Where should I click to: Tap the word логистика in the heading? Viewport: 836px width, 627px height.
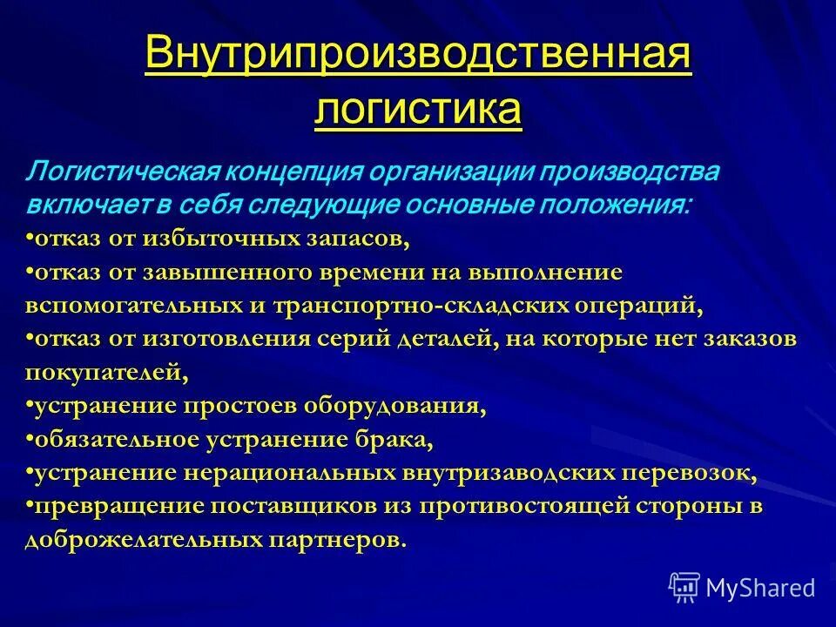(x=418, y=111)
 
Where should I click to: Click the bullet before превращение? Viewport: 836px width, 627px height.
(x=30, y=506)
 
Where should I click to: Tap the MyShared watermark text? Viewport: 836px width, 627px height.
(x=760, y=587)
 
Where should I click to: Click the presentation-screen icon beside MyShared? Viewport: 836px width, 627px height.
(x=684, y=587)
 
